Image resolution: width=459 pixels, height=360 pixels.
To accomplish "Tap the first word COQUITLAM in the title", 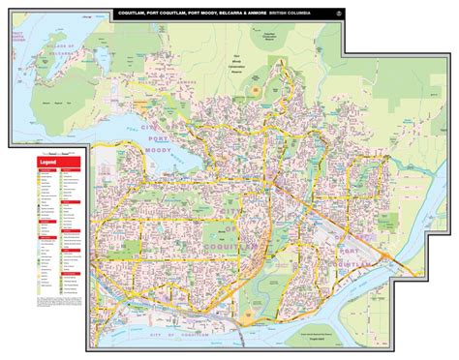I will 138,14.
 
